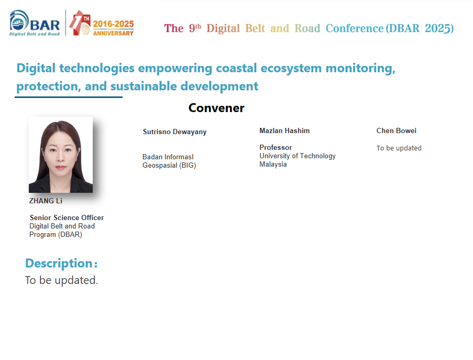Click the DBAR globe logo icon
coord(19,20)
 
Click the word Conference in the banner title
coord(355,28)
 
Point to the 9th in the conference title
coord(195,28)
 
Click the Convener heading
coord(216,108)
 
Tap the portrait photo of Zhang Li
coord(61,155)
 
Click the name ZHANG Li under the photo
coord(46,201)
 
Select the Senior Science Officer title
coord(67,217)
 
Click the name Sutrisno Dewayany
coord(174,132)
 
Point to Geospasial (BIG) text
coord(169,166)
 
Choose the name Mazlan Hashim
coord(284,130)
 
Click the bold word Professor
coord(276,148)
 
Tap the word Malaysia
coord(273,165)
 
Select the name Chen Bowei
coord(397,130)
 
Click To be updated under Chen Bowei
coord(399,148)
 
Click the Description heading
coord(61,264)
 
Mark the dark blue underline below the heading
coord(69,97)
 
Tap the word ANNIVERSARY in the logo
coord(113,33)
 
